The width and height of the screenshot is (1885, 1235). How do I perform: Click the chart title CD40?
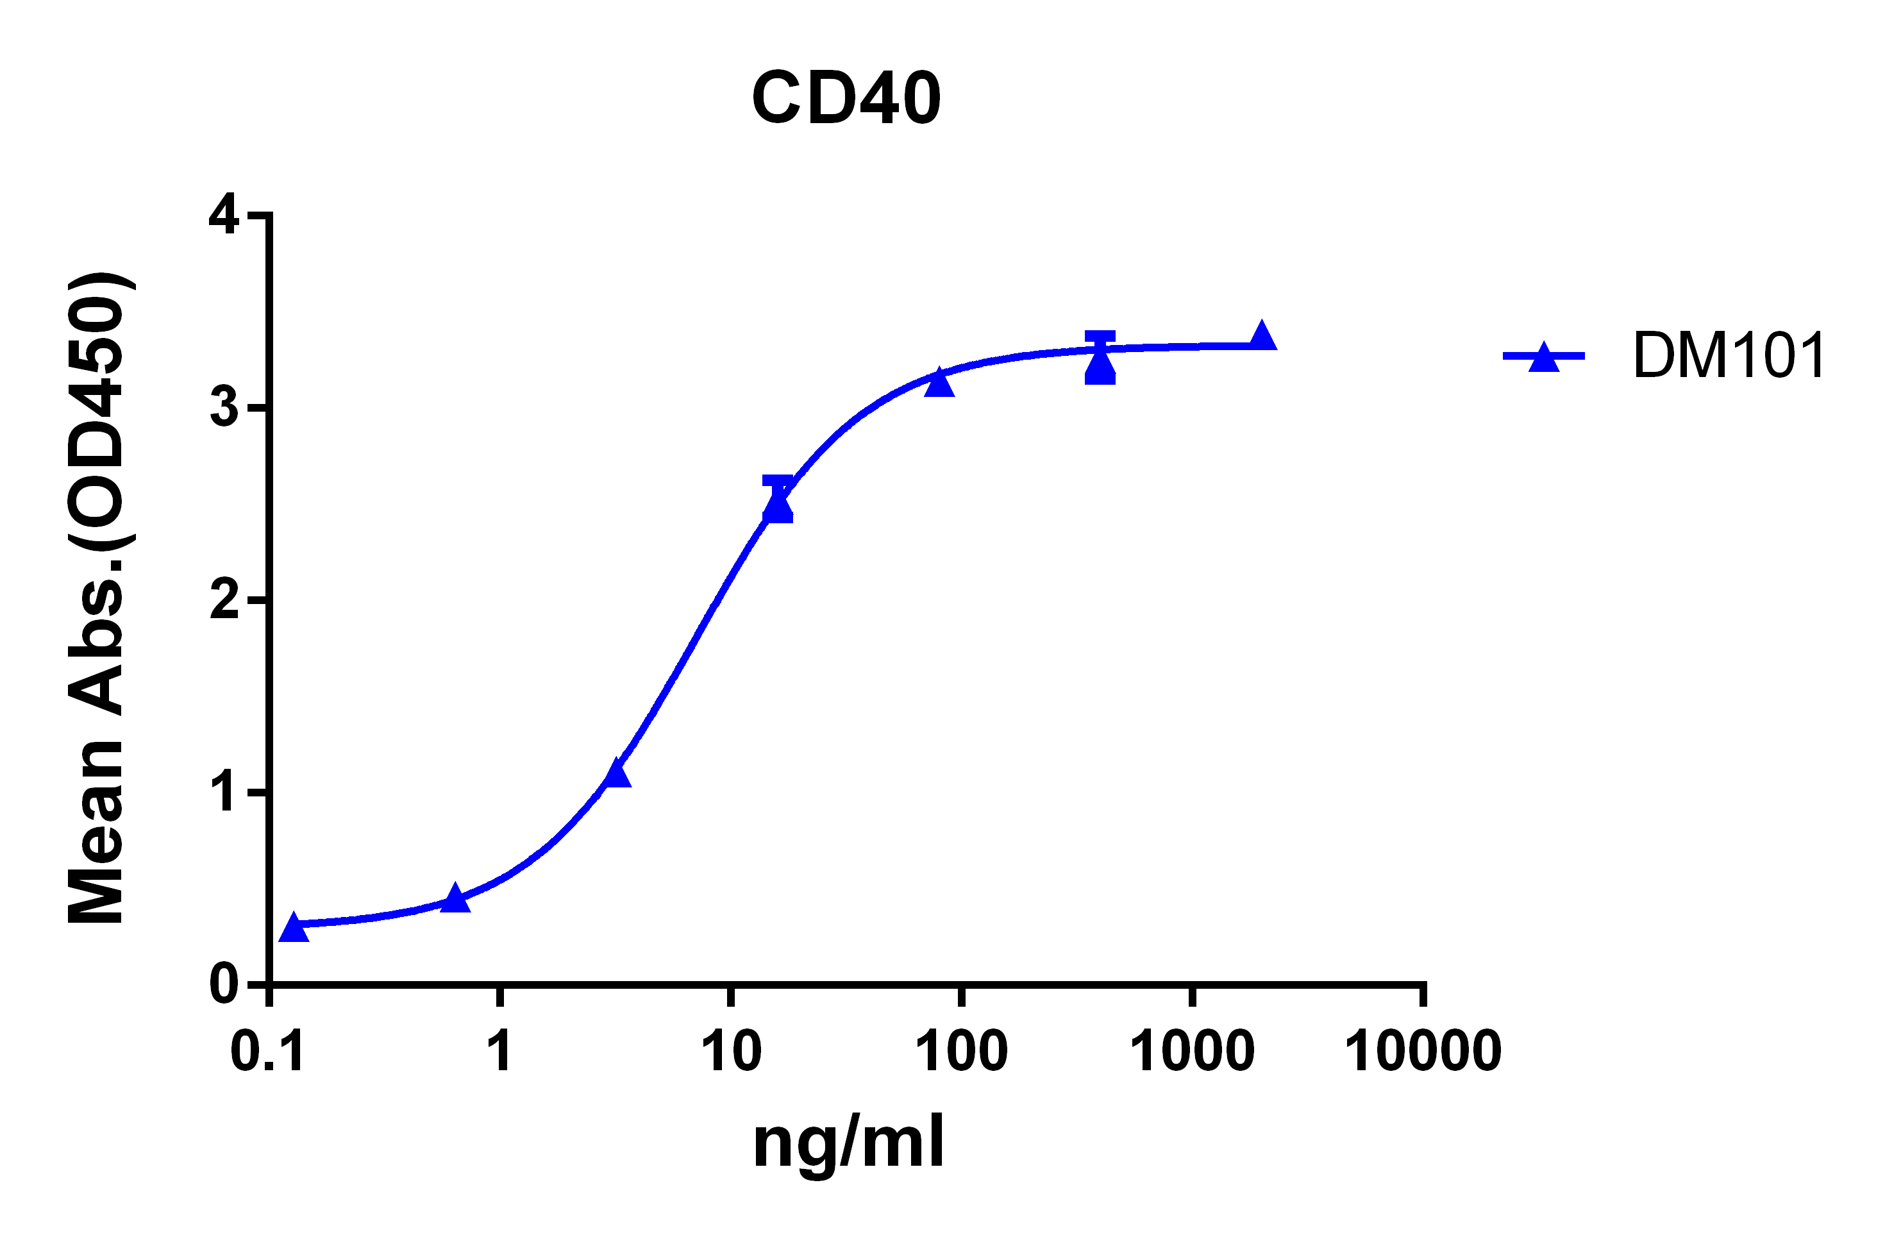click(x=846, y=98)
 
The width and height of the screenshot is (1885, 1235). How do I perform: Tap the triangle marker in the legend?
click(x=1544, y=357)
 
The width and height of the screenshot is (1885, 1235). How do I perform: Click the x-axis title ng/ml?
click(x=848, y=1142)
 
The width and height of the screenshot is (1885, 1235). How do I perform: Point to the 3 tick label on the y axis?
click(x=224, y=407)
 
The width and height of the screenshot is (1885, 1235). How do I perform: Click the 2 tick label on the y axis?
click(x=224, y=600)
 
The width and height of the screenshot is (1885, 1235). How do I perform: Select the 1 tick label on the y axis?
click(x=225, y=791)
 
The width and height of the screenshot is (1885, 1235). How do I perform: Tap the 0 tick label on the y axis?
click(x=224, y=985)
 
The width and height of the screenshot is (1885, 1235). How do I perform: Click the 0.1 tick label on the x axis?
click(x=268, y=1052)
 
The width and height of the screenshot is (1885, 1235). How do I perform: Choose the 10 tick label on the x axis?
click(x=731, y=1052)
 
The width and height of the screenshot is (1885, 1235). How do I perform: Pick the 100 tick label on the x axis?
click(x=962, y=1052)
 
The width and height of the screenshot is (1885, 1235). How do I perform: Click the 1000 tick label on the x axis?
click(x=1192, y=1052)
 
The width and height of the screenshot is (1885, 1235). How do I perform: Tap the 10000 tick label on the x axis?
click(x=1423, y=1052)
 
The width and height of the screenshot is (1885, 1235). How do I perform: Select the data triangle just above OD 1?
click(x=617, y=773)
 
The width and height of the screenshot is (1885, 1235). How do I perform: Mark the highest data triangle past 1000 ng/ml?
click(x=1262, y=337)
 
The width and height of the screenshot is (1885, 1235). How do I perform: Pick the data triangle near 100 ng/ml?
click(x=939, y=383)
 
